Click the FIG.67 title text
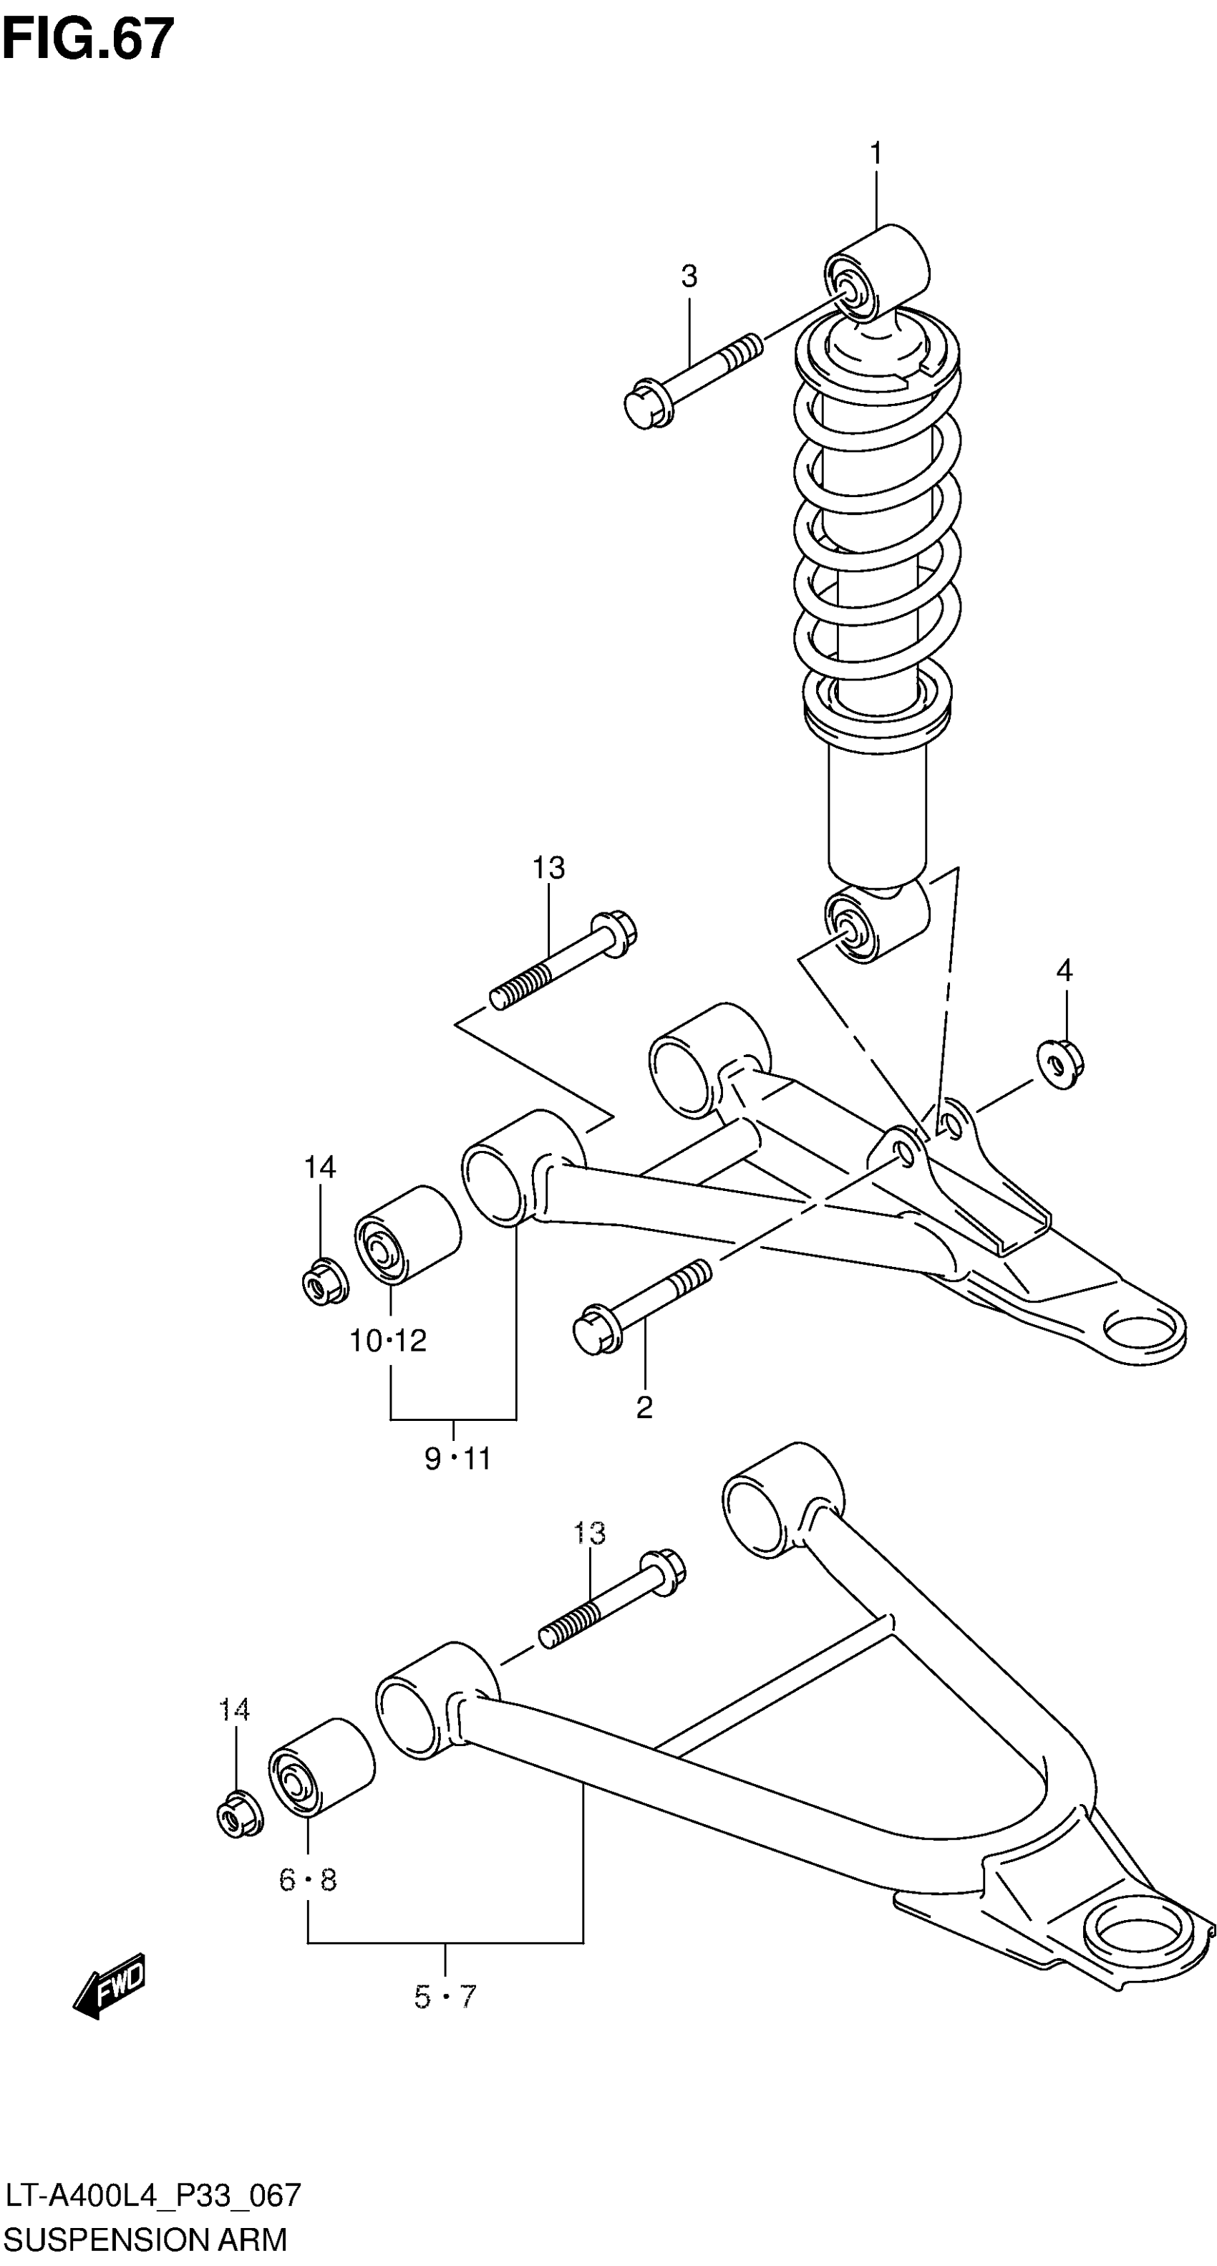[88, 40]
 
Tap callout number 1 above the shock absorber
[875, 154]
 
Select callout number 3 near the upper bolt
[689, 276]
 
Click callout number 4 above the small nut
[1064, 970]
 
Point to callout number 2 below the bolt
[644, 1408]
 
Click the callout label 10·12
[388, 1341]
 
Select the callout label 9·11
[457, 1460]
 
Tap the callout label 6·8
[308, 1880]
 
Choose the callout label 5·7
[445, 1997]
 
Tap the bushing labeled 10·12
[407, 1235]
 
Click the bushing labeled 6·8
[320, 1766]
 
